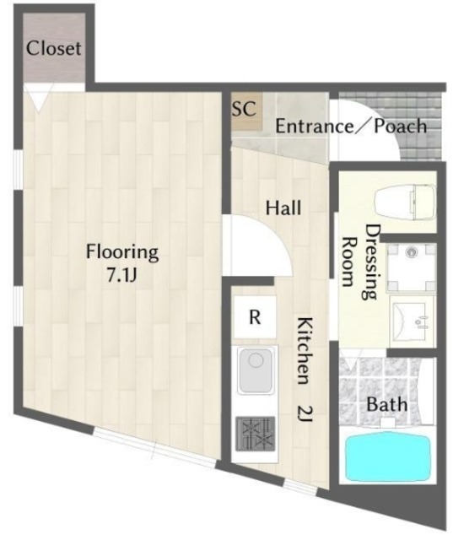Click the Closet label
pos(54,48)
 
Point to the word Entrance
pos(315,127)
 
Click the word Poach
pos(401,126)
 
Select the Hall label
pos(283,208)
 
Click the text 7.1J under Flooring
pos(122,275)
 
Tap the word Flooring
pos(122,252)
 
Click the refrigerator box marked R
pos(255,317)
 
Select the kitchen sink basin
pos(255,370)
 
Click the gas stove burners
pos(255,434)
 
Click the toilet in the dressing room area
pos(405,203)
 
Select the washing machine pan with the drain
pos(412,267)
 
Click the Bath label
pos(387,404)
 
